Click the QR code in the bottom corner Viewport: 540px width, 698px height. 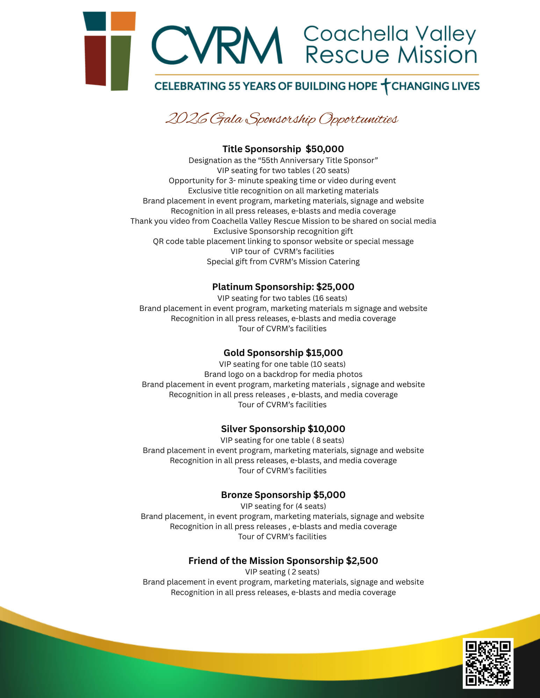coord(488,663)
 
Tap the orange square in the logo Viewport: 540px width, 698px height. coord(123,21)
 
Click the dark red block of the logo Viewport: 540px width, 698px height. coord(95,60)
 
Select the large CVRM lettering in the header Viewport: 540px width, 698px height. coord(217,45)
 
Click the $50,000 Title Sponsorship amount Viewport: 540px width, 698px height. coord(325,149)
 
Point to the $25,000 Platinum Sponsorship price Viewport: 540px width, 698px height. coord(335,287)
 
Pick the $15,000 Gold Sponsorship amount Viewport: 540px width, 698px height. coord(324,353)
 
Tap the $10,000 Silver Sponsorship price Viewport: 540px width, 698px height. coord(326,429)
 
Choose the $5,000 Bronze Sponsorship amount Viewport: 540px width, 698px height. coord(329,495)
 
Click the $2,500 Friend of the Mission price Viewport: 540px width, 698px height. coord(362,561)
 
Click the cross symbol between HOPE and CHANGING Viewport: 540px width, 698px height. coord(385,86)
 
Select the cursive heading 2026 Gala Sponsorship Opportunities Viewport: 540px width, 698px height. coord(282,119)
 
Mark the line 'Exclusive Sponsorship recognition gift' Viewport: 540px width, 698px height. coord(283,231)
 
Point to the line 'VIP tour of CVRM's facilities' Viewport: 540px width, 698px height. coord(282,252)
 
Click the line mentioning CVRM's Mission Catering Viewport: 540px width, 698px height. coord(283,262)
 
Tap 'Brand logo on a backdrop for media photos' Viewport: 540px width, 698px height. coord(283,374)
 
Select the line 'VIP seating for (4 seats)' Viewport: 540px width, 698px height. coord(283,506)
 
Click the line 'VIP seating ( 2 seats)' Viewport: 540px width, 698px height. coord(282,572)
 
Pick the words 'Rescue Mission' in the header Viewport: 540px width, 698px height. coord(391,55)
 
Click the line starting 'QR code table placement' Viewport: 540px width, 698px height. coord(283,242)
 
